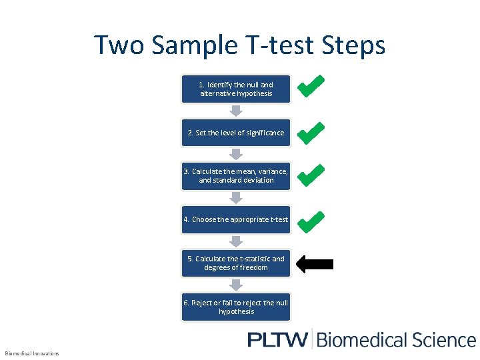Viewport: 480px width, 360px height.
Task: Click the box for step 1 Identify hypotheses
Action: (236, 89)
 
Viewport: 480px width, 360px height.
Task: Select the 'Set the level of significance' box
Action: (236, 133)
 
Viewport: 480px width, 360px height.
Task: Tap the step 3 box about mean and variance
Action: (236, 176)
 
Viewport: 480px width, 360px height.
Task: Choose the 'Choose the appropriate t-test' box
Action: (236, 219)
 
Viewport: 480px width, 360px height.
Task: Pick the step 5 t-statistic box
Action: (236, 263)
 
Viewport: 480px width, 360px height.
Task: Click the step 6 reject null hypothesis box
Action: (236, 307)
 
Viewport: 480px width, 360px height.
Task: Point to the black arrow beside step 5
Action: (314, 264)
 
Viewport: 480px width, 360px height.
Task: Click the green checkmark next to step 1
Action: (311, 86)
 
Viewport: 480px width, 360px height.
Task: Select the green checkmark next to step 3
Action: (311, 175)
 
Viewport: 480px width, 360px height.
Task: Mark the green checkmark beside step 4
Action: (311, 221)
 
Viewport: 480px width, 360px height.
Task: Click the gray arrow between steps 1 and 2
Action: (236, 111)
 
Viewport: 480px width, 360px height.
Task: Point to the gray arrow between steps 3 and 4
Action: (236, 198)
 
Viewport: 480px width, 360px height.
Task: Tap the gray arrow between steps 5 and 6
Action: (236, 285)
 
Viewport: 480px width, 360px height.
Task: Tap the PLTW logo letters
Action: (277, 339)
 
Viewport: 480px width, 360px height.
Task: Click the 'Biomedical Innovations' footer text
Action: (32, 353)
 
